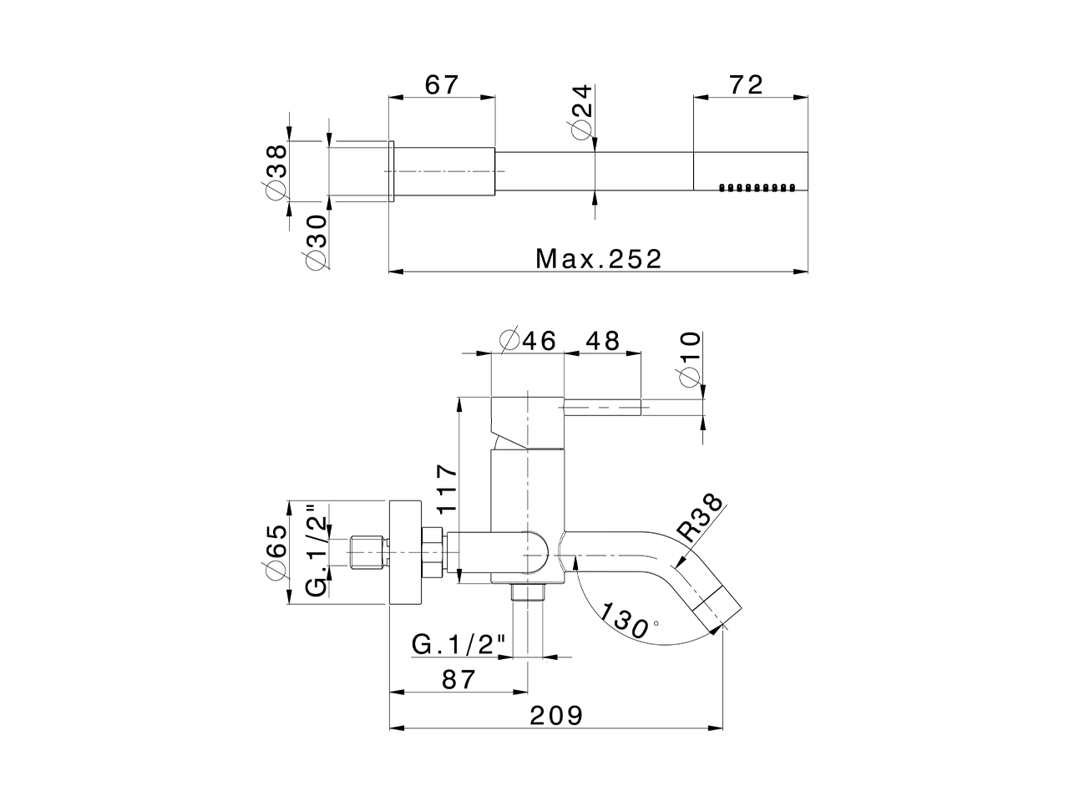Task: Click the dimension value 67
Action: pyautogui.click(x=442, y=85)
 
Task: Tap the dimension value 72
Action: pyautogui.click(x=746, y=85)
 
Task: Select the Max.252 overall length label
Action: pyautogui.click(x=599, y=258)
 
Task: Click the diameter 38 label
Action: pyautogui.click(x=275, y=170)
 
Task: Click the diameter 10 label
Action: pyautogui.click(x=690, y=360)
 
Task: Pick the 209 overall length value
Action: pyautogui.click(x=555, y=715)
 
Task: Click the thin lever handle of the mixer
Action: pyautogui.click(x=602, y=408)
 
